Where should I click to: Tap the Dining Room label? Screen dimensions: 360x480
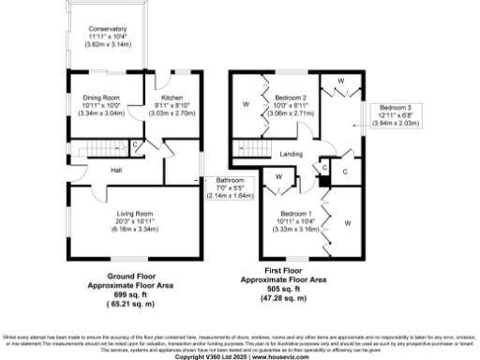[x=101, y=97]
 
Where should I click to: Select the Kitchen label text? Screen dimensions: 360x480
[x=172, y=97]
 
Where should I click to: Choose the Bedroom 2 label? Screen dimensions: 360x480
[x=291, y=97]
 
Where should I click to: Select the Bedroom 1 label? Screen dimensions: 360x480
[x=292, y=214]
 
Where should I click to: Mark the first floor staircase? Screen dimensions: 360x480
[x=253, y=148]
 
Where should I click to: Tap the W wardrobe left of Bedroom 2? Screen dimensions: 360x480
[x=246, y=104]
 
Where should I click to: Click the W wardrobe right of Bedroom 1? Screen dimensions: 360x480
[x=347, y=223]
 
